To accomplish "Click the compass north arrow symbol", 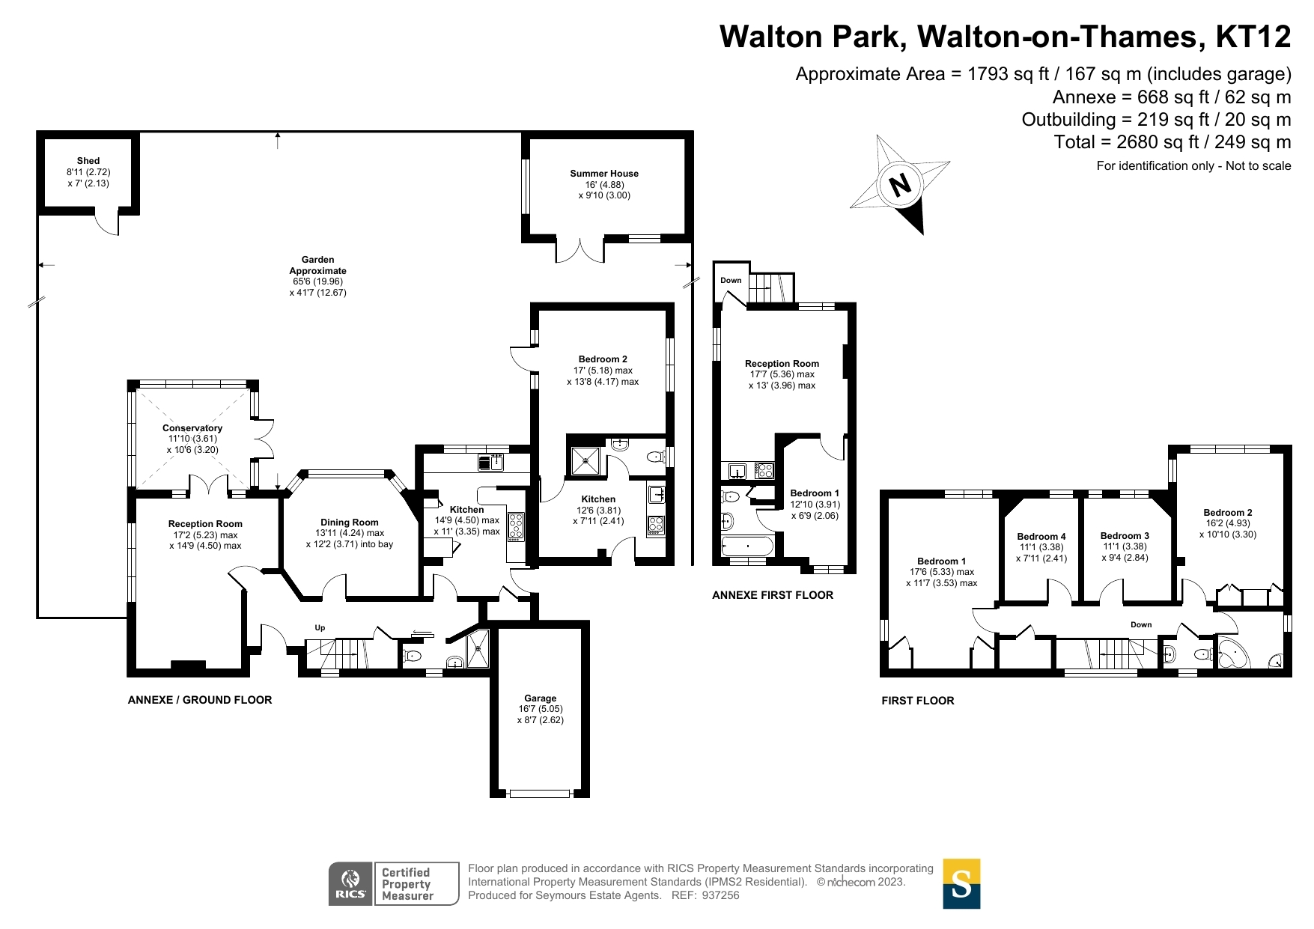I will click(x=901, y=184).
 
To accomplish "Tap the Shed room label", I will click(x=88, y=161).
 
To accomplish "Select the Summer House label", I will click(x=604, y=174).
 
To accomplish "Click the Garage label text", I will click(x=540, y=698).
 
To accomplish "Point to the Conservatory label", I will click(x=192, y=428).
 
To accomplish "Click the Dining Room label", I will click(x=350, y=523).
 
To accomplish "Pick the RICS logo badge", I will click(x=350, y=883).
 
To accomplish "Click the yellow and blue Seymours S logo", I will click(x=961, y=883).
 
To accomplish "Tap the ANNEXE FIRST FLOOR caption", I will click(x=772, y=595).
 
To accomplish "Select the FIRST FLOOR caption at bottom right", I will click(x=917, y=701).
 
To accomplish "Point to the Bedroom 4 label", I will click(x=1041, y=537).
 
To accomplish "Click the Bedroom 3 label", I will click(x=1125, y=536).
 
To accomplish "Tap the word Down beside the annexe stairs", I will click(x=731, y=281).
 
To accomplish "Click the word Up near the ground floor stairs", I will click(x=320, y=628).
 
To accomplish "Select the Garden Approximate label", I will click(x=318, y=265).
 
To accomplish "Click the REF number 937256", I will click(x=720, y=895).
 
